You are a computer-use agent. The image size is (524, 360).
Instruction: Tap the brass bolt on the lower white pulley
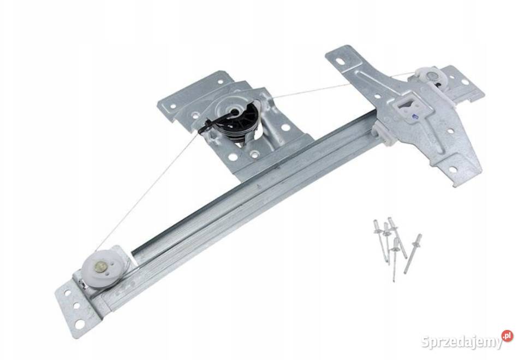click(x=99, y=267)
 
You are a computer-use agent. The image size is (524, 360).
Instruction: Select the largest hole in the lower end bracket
click(x=80, y=324)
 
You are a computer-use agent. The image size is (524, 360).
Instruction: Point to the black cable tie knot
click(x=204, y=129)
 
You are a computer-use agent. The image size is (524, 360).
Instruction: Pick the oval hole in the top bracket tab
click(x=340, y=62)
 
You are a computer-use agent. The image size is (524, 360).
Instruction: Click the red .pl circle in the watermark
click(x=507, y=335)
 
